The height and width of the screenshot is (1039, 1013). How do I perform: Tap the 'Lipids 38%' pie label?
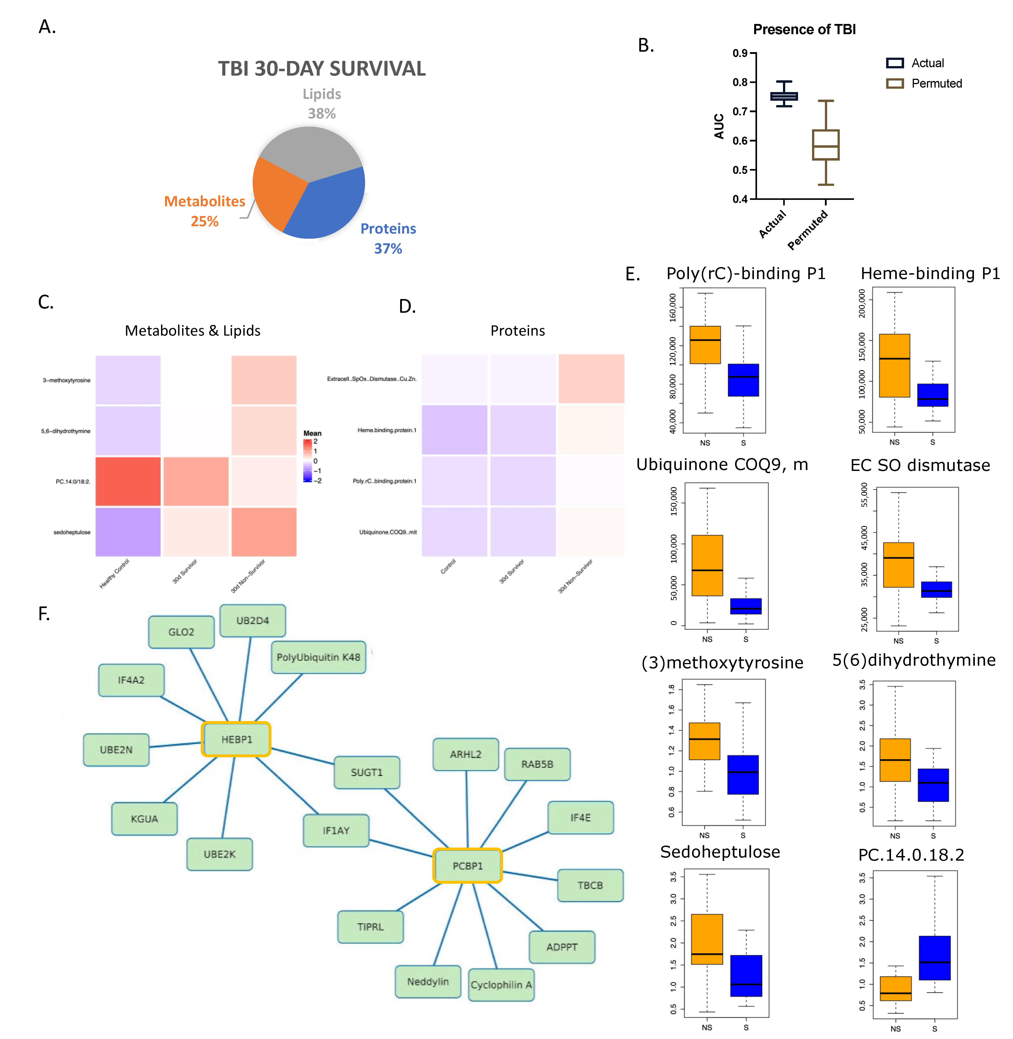click(x=321, y=104)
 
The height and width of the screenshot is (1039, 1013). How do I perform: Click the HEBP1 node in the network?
click(x=236, y=739)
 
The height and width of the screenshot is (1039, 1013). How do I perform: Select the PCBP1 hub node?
click(x=467, y=866)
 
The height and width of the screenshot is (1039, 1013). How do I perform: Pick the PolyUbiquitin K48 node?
click(x=318, y=657)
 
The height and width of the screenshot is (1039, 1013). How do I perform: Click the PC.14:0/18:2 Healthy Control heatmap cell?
click(x=128, y=481)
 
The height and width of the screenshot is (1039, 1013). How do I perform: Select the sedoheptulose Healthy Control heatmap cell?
click(x=128, y=531)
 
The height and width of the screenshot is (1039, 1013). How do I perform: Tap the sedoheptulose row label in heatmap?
click(x=72, y=532)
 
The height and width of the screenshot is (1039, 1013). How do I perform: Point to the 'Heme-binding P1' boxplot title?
click(x=929, y=273)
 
